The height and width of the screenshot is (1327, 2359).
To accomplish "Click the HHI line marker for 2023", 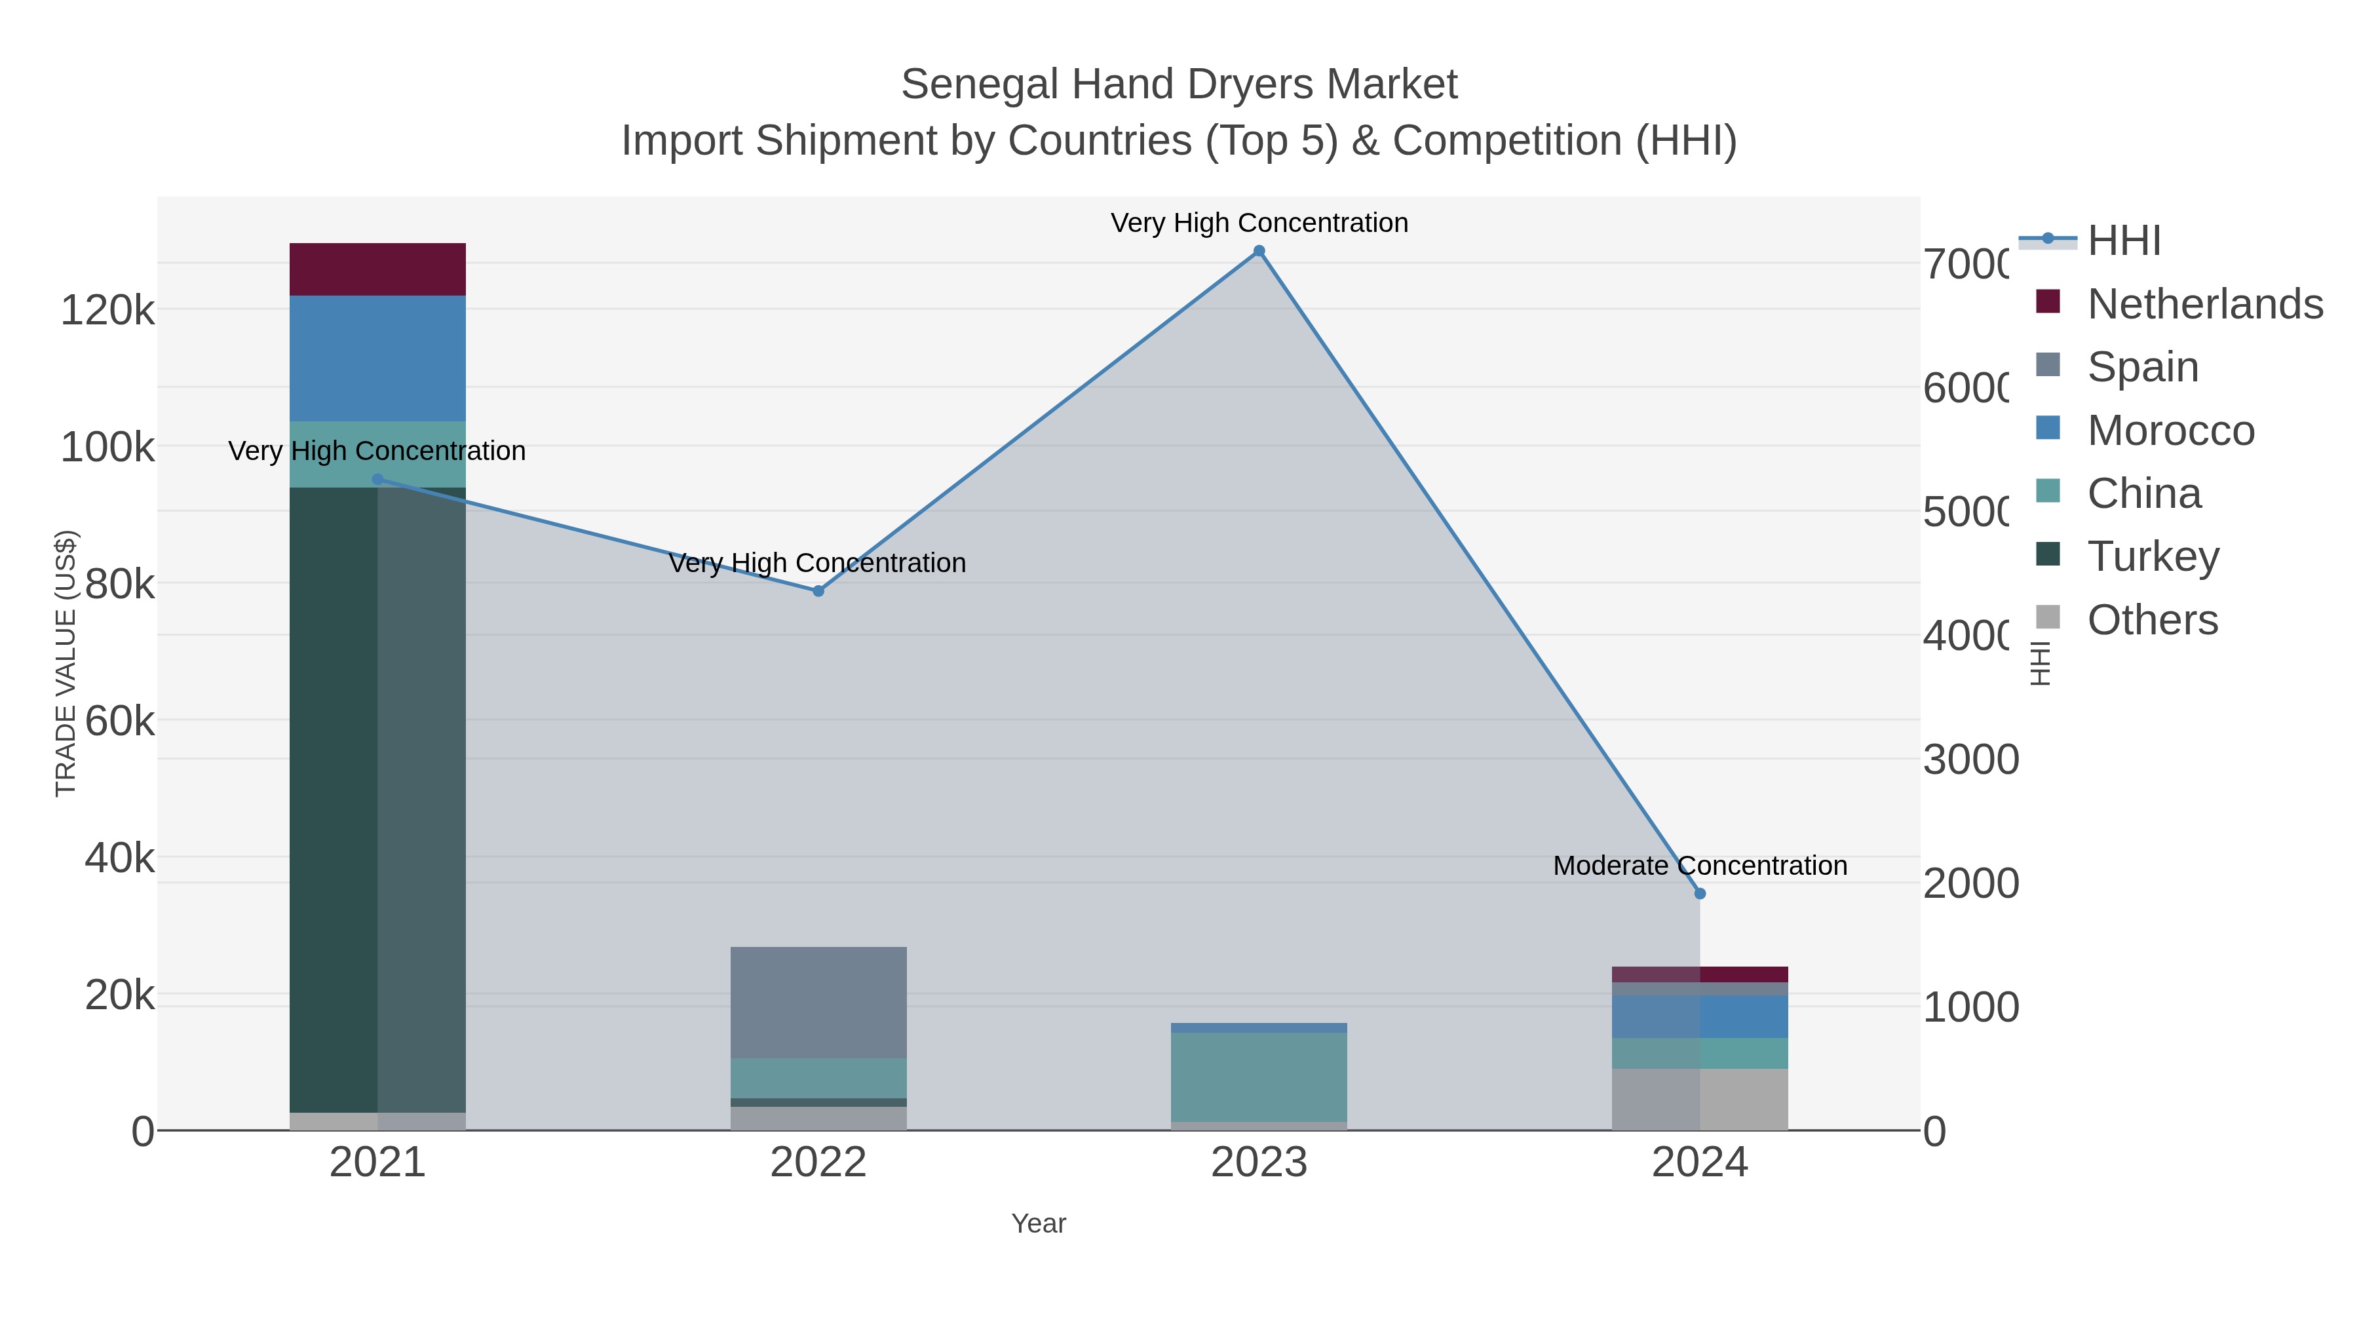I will tap(1259, 251).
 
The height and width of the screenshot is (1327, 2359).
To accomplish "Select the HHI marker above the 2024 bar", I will tap(1700, 894).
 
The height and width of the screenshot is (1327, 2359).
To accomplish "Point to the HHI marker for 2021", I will tap(377, 479).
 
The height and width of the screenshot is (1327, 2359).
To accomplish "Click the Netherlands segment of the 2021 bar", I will tap(377, 269).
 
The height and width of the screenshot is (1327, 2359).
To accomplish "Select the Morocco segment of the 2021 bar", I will tap(377, 358).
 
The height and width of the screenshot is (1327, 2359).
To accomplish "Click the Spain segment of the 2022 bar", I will tap(818, 1003).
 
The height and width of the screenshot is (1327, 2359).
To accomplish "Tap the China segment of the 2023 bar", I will tap(1259, 1077).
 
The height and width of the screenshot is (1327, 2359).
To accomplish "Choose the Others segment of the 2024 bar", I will tap(1700, 1099).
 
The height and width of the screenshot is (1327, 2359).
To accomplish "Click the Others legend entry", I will tap(2152, 620).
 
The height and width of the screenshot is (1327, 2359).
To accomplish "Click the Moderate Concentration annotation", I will tap(1700, 866).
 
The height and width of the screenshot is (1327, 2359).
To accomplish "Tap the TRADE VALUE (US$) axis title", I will tap(66, 663).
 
